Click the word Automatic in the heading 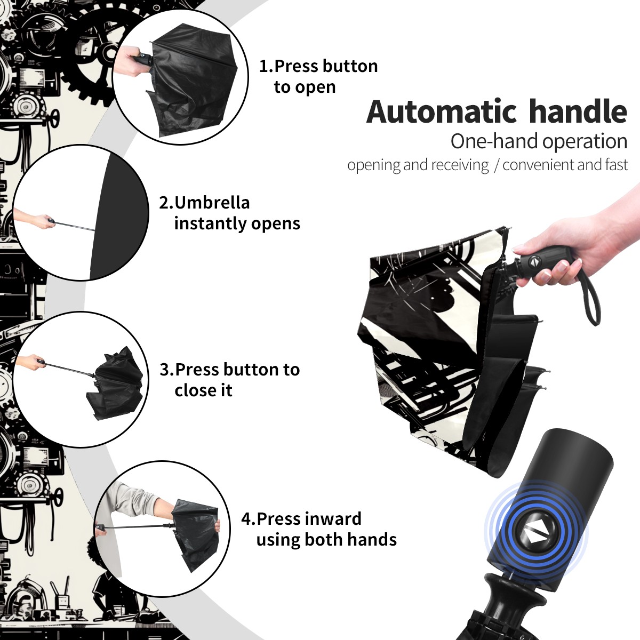tap(442, 112)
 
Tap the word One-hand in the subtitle tap(494, 141)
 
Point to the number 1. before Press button tap(266, 66)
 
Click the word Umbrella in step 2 tap(212, 202)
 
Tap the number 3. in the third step tap(167, 370)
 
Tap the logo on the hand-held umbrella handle tap(532, 261)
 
